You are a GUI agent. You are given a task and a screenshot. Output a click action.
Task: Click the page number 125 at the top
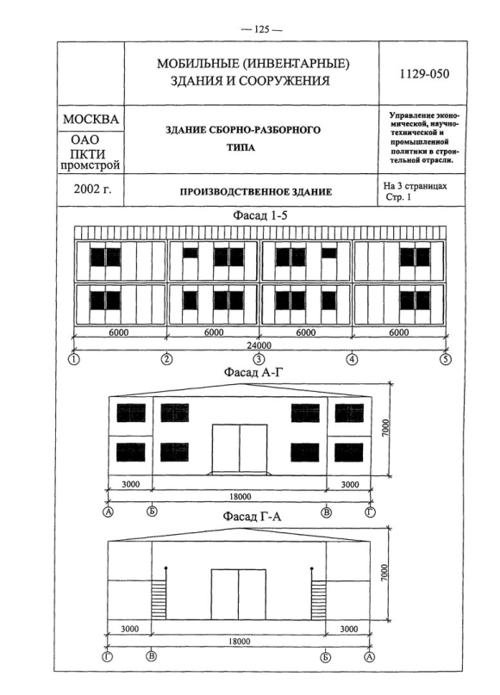click(x=261, y=29)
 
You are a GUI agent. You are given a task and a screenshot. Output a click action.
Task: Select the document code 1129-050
click(x=424, y=73)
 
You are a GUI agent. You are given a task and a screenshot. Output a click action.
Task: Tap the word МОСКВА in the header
click(x=91, y=119)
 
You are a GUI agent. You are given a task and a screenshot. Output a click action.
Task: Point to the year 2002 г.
click(x=93, y=189)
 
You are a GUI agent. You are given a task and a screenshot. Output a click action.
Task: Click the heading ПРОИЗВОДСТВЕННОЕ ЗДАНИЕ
click(x=255, y=192)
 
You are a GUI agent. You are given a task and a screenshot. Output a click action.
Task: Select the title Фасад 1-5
click(x=260, y=215)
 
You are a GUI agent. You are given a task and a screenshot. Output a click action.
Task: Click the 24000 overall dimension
click(x=259, y=344)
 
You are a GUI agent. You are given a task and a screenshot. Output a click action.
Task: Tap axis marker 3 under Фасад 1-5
click(x=259, y=359)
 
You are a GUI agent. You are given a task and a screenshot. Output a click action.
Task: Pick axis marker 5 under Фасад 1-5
click(x=446, y=359)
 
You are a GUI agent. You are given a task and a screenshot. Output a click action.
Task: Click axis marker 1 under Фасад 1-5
click(x=73, y=359)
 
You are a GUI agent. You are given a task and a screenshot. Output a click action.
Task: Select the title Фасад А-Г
click(x=253, y=372)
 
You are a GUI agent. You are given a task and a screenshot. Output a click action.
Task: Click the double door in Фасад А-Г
click(x=240, y=448)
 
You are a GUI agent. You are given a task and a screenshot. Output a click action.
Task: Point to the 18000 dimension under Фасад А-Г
click(x=240, y=496)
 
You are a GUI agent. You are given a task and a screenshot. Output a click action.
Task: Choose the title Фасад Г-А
click(x=252, y=517)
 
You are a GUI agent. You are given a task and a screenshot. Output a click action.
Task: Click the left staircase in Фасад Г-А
click(x=159, y=600)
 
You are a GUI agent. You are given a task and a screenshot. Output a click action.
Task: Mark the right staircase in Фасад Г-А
click(x=319, y=600)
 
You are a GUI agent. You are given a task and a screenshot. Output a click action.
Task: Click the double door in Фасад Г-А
click(x=239, y=594)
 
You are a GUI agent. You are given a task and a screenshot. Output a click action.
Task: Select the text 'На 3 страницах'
click(x=416, y=186)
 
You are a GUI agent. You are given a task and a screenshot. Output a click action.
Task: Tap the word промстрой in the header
click(x=91, y=165)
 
